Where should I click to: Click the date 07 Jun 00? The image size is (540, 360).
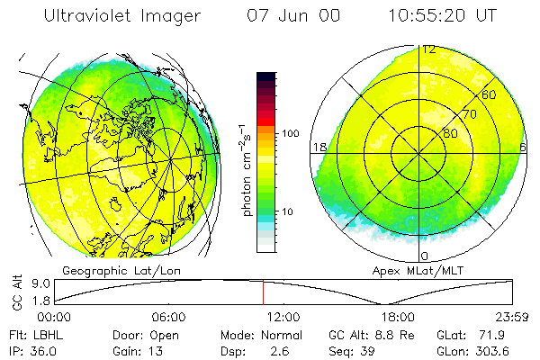coord(284,15)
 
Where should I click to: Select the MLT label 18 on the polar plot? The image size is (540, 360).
coord(319,147)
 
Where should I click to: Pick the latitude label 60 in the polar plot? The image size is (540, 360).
coord(490,94)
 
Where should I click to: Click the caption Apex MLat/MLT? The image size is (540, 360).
coord(417,270)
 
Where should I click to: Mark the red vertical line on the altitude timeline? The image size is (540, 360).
coord(263,292)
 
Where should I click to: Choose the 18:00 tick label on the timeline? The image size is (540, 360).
coord(397,317)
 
